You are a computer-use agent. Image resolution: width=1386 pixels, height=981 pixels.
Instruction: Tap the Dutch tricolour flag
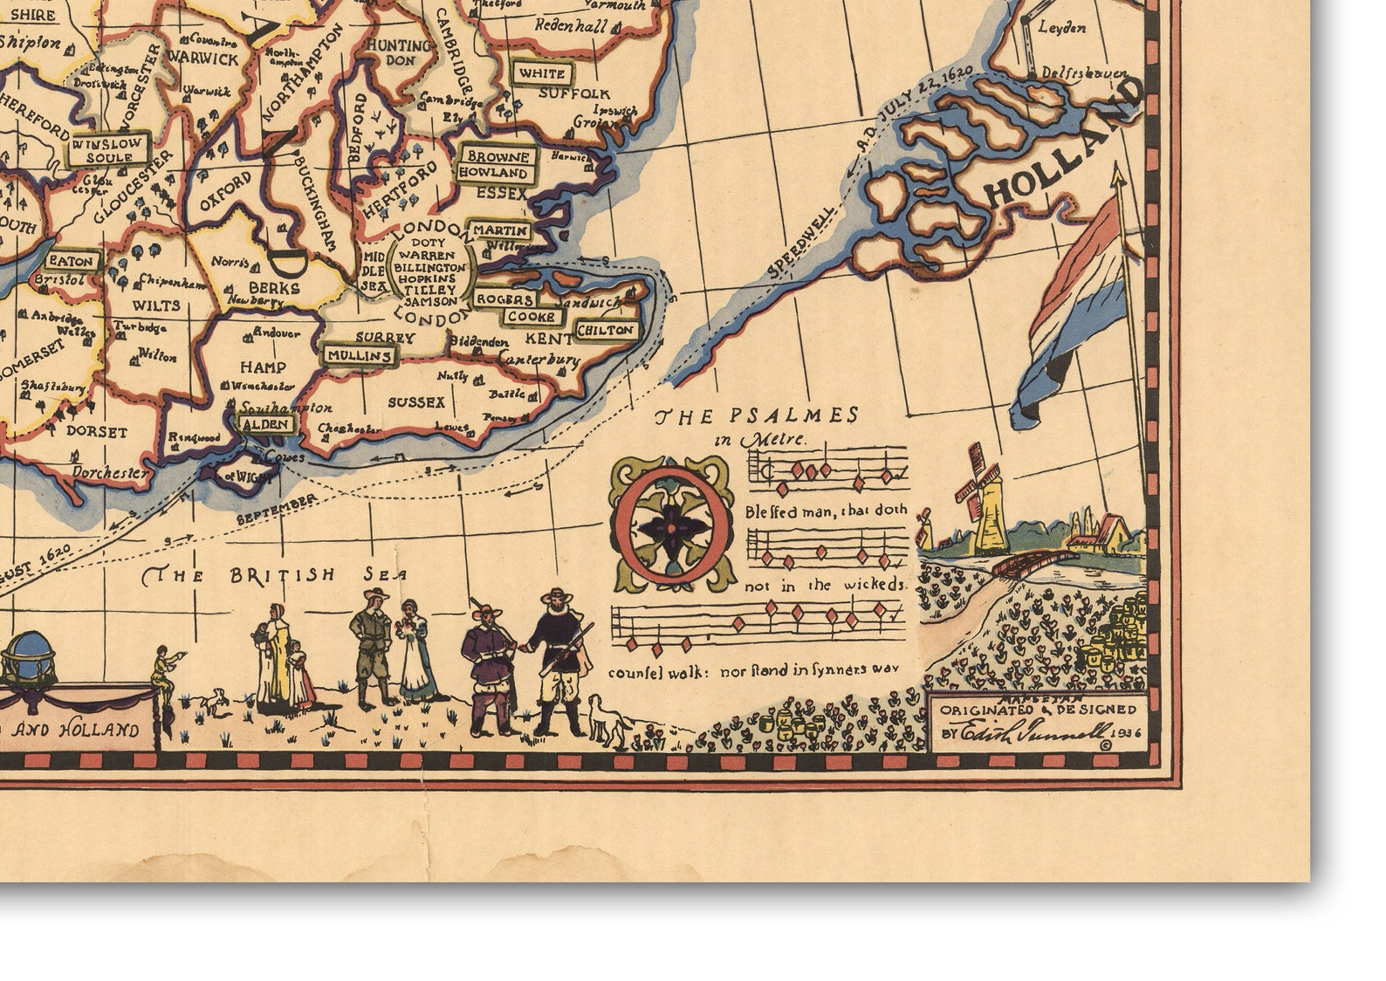coord(1070,314)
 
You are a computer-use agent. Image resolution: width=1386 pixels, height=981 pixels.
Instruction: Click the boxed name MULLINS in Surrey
coord(360,355)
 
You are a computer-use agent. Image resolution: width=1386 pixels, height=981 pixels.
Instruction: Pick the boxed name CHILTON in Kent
coord(606,331)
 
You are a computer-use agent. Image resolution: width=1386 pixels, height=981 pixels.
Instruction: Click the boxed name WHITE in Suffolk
coord(542,73)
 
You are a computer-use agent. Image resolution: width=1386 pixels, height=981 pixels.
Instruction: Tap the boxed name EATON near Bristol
coord(72,260)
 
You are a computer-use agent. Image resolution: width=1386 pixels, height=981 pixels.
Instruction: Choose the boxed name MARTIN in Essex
coord(500,230)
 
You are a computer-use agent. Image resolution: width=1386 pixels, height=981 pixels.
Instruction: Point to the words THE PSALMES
coord(757,415)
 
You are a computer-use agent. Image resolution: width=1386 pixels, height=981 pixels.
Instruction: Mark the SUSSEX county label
coord(416,402)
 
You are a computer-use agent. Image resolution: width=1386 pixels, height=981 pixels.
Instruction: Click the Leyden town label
coord(1062,28)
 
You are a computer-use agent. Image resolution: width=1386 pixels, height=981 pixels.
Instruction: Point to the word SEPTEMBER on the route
coord(277,511)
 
